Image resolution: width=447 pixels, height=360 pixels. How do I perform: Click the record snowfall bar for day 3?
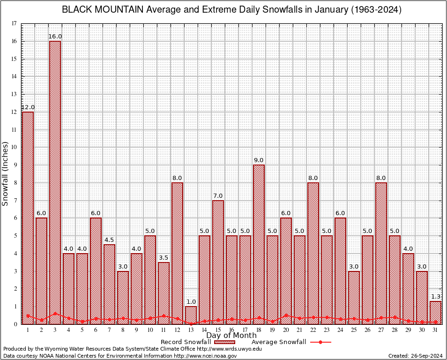click(55, 183)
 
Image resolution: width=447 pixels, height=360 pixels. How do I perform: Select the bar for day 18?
click(259, 244)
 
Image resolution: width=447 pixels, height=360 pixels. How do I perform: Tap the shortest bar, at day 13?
click(191, 315)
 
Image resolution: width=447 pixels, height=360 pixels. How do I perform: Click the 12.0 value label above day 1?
click(28, 107)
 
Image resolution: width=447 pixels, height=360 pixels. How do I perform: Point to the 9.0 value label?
click(259, 160)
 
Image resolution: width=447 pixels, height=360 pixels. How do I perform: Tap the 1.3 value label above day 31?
click(436, 297)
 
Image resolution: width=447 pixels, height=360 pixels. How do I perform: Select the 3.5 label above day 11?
click(164, 258)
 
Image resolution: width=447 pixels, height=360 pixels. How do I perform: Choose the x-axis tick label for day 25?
click(354, 330)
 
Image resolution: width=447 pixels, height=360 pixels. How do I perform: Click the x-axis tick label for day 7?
click(109, 330)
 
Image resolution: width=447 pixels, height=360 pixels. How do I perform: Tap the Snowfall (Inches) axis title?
click(6, 173)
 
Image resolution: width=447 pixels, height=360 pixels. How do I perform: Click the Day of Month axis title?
click(231, 336)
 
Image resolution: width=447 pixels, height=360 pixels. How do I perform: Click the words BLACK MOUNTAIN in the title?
click(102, 10)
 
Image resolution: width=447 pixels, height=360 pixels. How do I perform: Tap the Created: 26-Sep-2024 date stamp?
click(415, 356)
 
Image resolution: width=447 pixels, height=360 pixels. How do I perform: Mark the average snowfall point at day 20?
click(286, 315)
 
